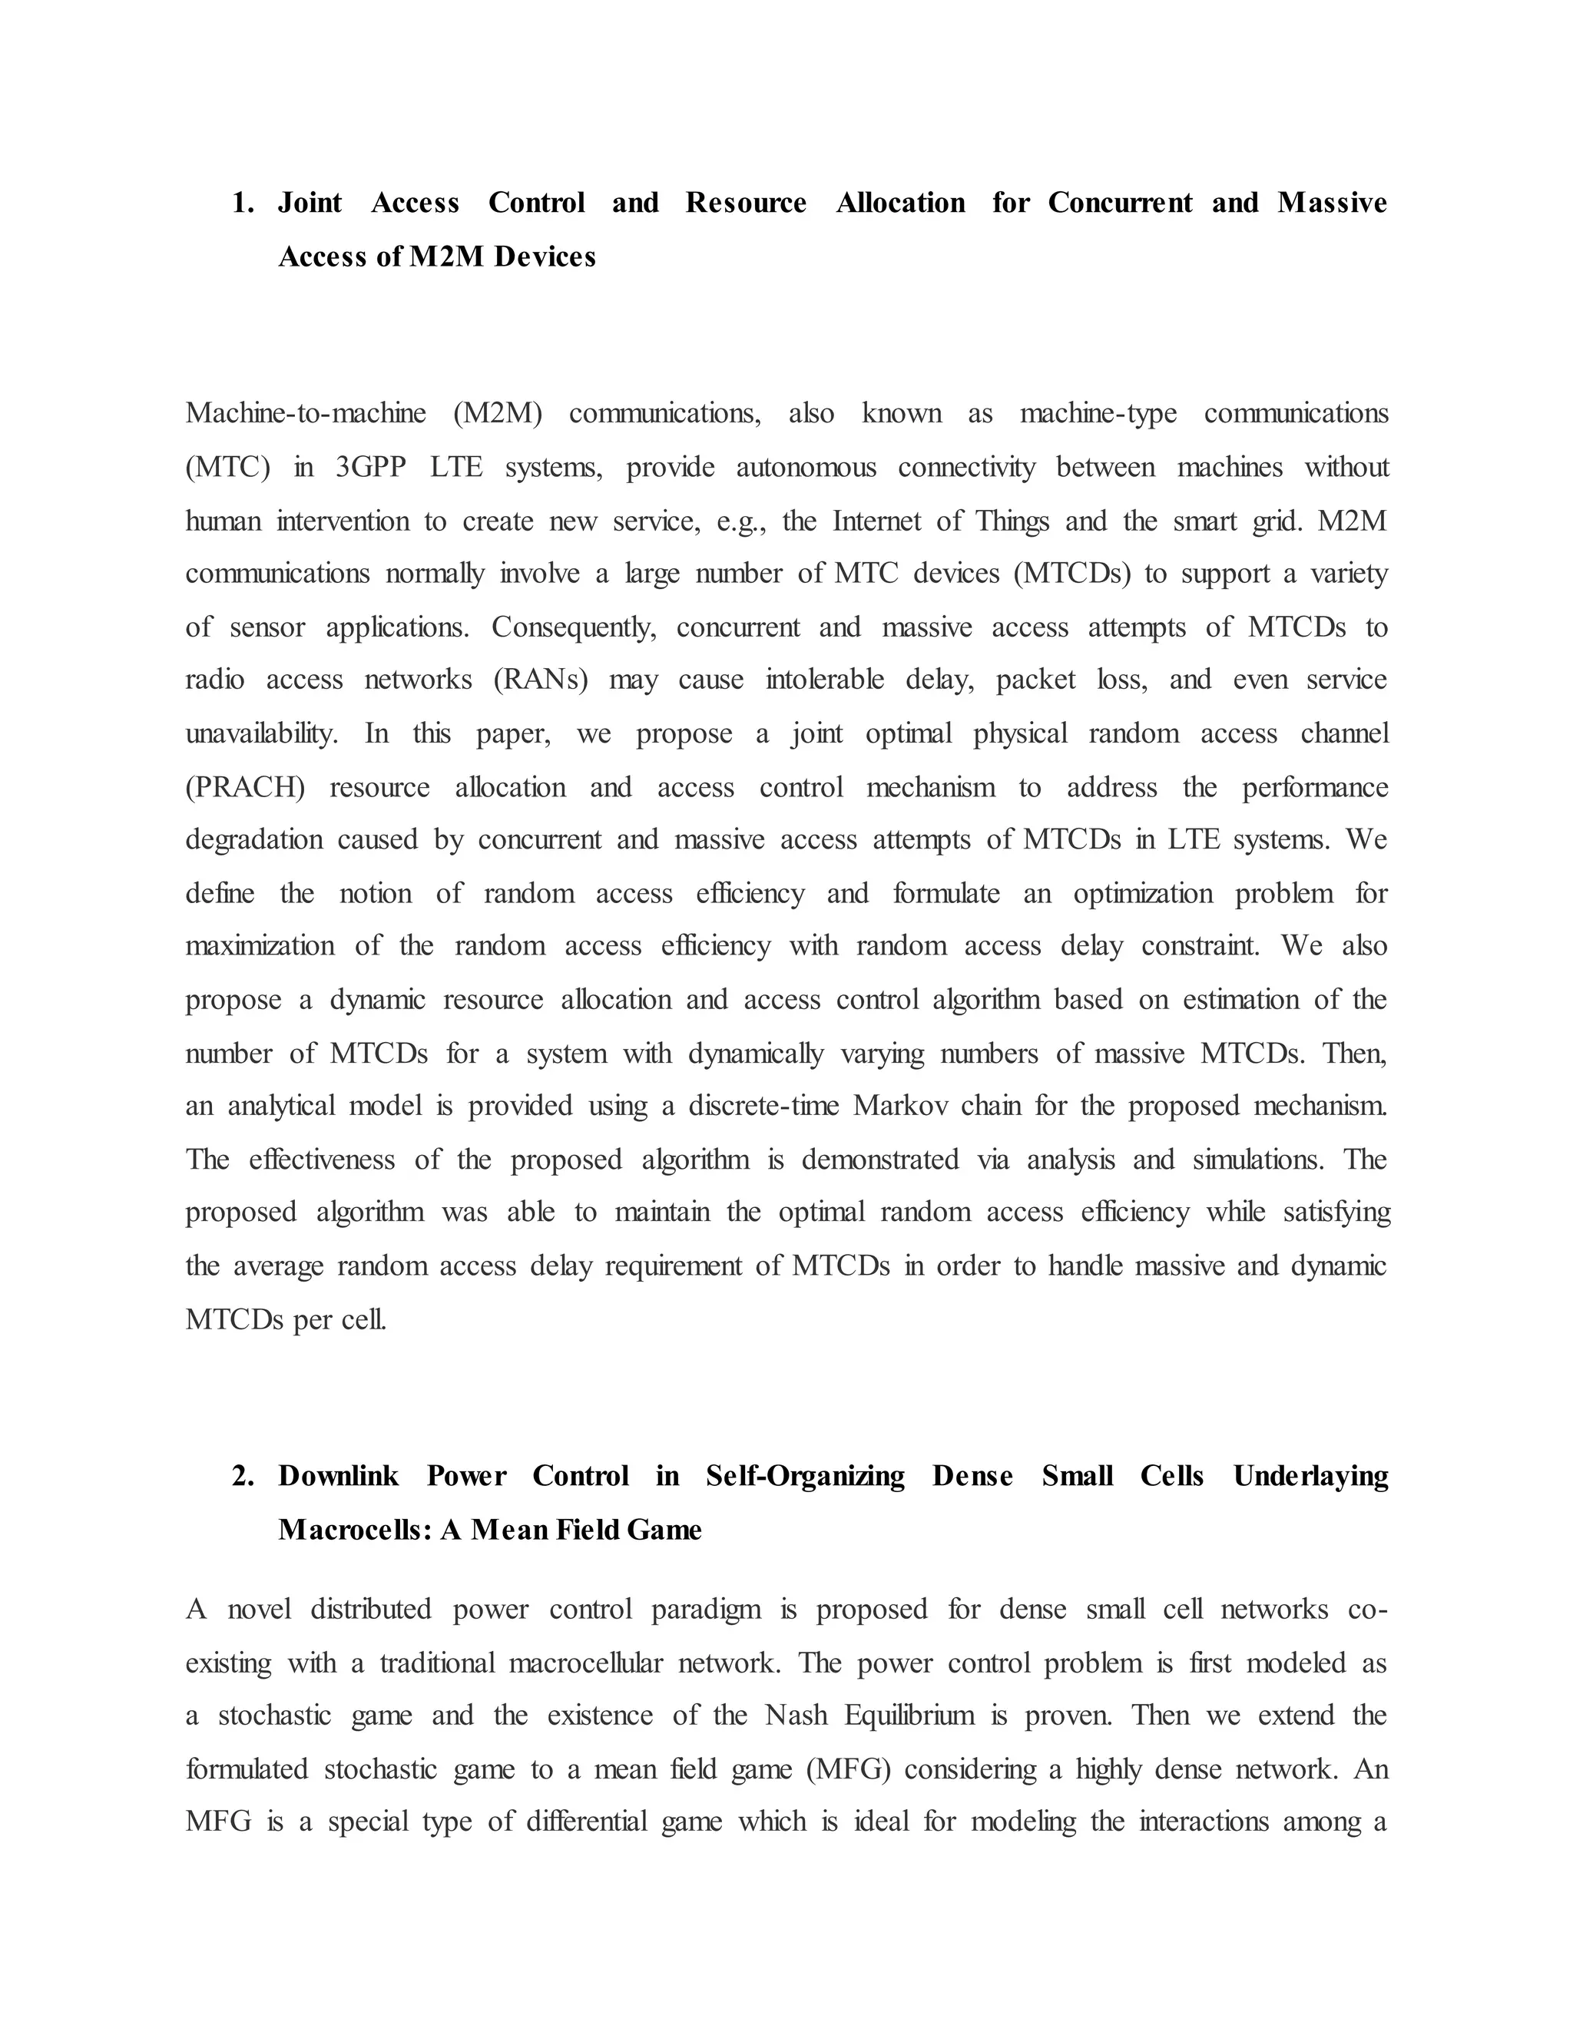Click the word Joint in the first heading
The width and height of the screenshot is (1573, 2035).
pyautogui.click(x=310, y=203)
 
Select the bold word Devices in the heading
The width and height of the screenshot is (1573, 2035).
pyautogui.click(x=545, y=256)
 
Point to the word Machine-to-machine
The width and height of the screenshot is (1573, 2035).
pyautogui.click(x=306, y=413)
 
